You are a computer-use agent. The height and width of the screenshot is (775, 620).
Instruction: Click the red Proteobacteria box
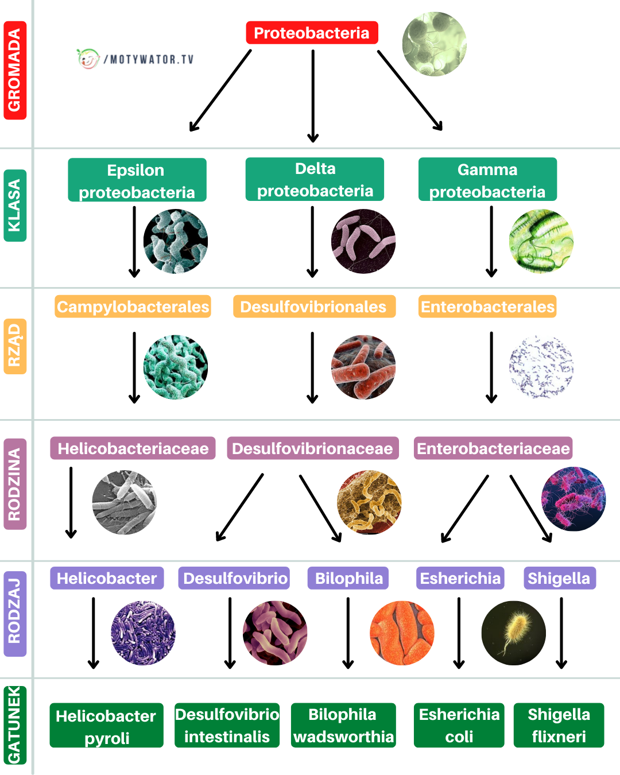[x=312, y=33]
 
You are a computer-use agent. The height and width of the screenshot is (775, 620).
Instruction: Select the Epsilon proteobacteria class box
[x=137, y=180]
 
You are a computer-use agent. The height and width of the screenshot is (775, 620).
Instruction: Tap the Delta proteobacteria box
[x=315, y=179]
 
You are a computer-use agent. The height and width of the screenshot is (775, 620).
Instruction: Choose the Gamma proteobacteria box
[x=487, y=180]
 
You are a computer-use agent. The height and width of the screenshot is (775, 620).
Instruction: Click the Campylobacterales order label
[x=133, y=307]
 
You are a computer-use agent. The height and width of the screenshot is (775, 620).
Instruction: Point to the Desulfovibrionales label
[x=313, y=307]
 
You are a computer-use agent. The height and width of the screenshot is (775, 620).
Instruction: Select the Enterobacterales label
[x=487, y=307]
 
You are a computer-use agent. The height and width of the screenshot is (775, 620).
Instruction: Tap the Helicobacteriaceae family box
[x=133, y=448]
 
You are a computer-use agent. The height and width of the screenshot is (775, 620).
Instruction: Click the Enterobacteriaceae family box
[x=493, y=448]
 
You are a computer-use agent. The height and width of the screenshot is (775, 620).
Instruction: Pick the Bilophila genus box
[x=348, y=578]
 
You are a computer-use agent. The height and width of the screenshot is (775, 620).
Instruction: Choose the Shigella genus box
[x=559, y=578]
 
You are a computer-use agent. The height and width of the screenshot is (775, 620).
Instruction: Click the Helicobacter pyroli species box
[x=106, y=726]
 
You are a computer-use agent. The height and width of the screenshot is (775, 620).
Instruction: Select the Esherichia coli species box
[x=459, y=725]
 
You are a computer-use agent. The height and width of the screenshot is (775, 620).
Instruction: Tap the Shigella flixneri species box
[x=559, y=725]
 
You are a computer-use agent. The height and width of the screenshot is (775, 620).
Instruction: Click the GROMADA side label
[x=15, y=70]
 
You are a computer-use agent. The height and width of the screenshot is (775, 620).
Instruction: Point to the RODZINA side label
[x=15, y=484]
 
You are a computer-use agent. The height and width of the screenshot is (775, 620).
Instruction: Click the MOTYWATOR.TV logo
[x=135, y=59]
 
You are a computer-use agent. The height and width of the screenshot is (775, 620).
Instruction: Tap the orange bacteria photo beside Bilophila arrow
[x=402, y=633]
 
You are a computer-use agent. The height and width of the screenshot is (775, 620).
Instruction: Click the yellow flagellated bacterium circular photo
[x=513, y=633]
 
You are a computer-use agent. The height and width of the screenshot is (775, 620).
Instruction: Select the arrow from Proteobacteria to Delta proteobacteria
[x=313, y=95]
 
